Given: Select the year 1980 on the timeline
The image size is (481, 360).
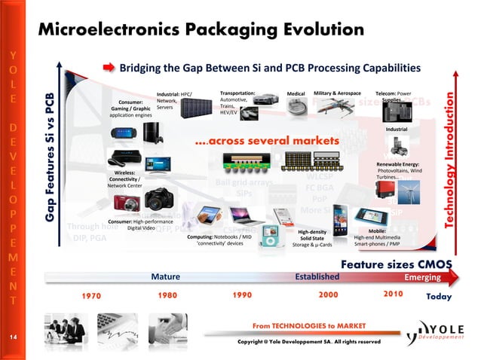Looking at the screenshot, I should [167, 295].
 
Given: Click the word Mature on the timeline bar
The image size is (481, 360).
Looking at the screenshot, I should [164, 276].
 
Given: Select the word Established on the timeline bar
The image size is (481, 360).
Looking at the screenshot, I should [317, 276].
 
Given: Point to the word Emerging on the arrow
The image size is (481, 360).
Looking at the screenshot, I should [422, 276].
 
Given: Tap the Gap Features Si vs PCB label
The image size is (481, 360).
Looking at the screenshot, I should [50, 158].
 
